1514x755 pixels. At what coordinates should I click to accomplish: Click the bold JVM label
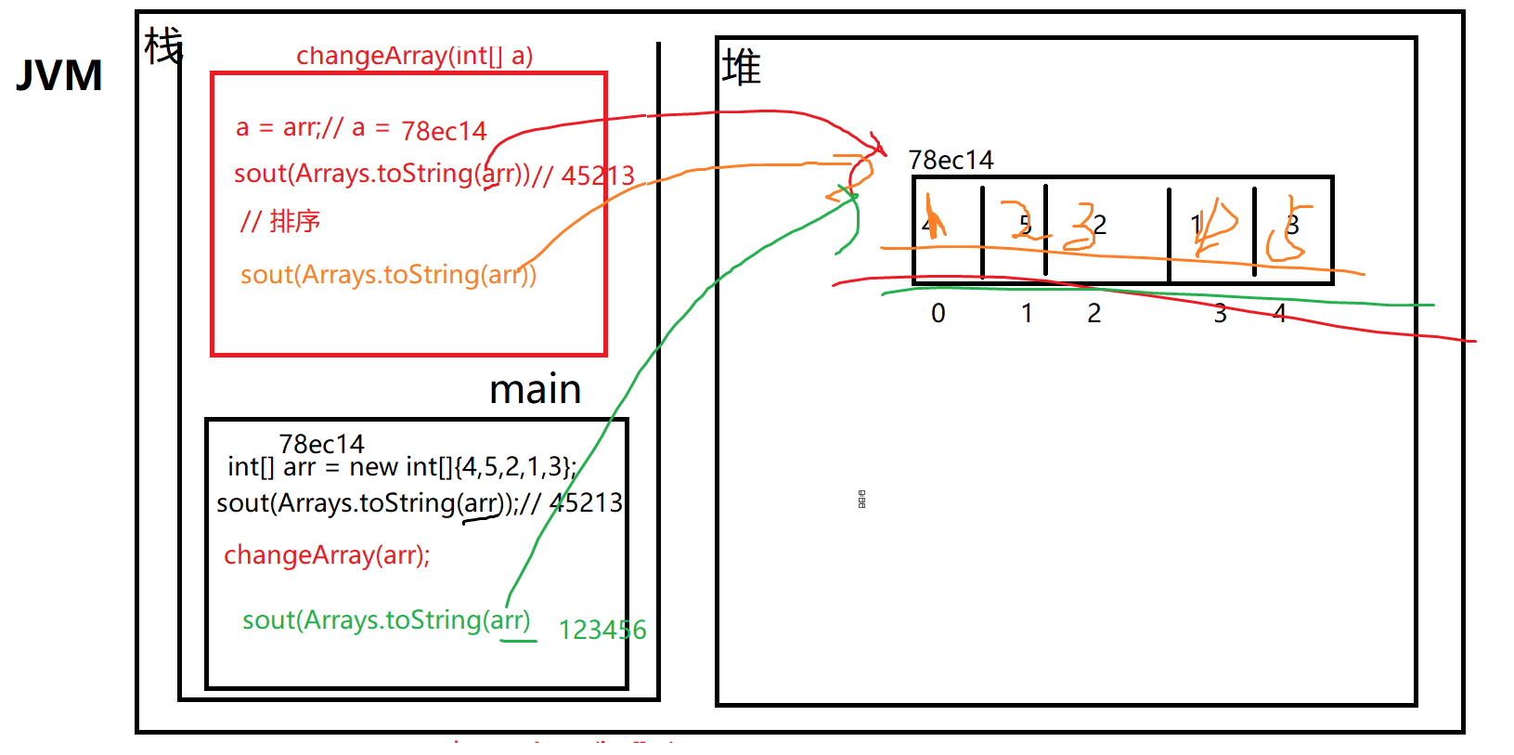(59, 76)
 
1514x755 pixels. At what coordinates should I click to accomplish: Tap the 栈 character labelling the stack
(163, 46)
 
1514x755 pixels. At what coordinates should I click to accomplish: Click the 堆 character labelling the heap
(741, 68)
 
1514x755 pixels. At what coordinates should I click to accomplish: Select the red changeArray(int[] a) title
(414, 56)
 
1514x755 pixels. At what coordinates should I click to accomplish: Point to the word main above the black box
(535, 389)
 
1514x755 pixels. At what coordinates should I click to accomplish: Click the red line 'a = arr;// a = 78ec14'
(360, 128)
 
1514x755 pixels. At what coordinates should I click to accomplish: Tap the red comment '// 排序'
(279, 221)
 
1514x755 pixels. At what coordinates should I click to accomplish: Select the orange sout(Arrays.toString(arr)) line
(388, 275)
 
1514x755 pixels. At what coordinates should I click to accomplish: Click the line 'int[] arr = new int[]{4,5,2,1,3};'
(401, 467)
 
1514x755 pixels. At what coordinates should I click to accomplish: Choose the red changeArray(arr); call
(327, 555)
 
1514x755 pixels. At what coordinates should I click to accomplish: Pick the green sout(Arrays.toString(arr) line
(386, 620)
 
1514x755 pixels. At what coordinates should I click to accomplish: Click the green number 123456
(602, 631)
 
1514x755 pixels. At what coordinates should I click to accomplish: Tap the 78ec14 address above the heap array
(951, 161)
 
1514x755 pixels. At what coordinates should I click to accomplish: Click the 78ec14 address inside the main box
(321, 444)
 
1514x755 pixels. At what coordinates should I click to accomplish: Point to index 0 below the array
(938, 314)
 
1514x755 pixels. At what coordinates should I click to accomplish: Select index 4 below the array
(1280, 314)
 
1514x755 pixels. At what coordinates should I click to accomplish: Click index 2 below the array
(1094, 314)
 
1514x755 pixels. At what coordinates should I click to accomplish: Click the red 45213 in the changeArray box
(598, 176)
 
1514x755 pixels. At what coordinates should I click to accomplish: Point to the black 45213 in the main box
(586, 503)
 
